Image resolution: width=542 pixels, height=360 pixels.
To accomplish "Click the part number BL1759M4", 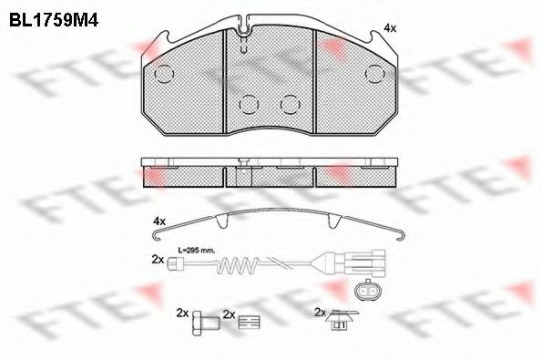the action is (x=54, y=20).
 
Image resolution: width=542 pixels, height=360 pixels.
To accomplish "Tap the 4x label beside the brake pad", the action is (x=390, y=28).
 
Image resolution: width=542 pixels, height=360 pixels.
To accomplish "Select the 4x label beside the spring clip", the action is (x=159, y=221).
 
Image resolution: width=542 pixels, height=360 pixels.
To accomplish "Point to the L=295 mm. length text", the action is (x=197, y=250).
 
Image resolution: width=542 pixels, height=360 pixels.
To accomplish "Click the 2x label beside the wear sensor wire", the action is (x=158, y=260).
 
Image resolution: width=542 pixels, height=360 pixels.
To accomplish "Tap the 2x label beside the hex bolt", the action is (x=182, y=313).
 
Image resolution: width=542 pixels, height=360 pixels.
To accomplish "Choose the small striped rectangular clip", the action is (x=249, y=322).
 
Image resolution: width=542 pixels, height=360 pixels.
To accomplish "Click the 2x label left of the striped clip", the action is (x=229, y=314).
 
